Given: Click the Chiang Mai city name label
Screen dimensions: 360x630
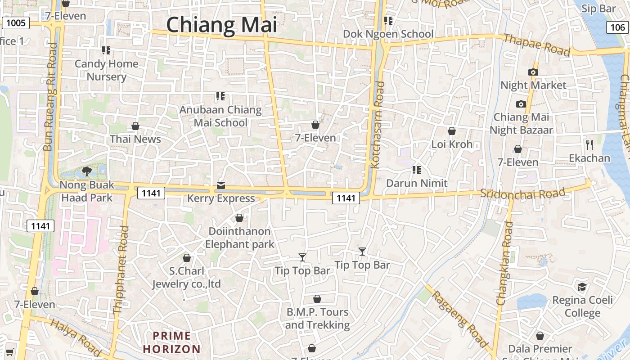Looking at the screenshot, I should click(x=221, y=25).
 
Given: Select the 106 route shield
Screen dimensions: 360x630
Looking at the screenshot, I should click(x=617, y=27).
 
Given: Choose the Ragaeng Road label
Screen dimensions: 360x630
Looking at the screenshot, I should click(x=459, y=319).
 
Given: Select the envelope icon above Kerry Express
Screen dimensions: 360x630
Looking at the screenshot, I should click(x=220, y=185).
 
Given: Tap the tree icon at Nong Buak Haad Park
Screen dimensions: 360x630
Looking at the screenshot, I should click(x=86, y=171).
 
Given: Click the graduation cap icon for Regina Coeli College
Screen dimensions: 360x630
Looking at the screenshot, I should click(x=582, y=287).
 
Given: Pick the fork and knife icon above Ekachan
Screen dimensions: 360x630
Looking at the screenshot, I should click(x=589, y=144).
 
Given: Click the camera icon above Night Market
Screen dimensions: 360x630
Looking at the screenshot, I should click(x=533, y=72).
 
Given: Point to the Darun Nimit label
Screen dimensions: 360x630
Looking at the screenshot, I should click(x=417, y=183).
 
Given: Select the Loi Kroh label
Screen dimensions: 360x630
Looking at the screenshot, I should click(x=452, y=144).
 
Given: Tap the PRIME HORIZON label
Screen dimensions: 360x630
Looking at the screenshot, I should click(x=171, y=342).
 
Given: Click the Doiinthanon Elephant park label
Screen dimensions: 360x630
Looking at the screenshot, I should click(x=239, y=238).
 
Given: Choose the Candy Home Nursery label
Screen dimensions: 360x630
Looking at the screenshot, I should click(x=107, y=70).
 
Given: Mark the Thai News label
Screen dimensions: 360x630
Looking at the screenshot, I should click(x=135, y=139).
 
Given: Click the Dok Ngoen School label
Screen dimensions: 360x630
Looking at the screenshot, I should click(x=388, y=34).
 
